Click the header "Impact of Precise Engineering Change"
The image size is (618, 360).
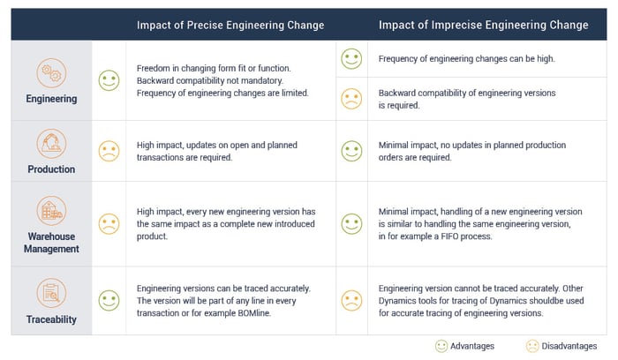tap(230, 25)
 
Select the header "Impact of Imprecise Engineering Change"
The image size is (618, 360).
tap(483, 25)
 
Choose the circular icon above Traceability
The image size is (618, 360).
tap(51, 290)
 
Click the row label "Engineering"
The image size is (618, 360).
tap(51, 99)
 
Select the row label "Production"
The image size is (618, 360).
tap(51, 169)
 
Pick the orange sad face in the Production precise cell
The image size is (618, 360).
tap(109, 151)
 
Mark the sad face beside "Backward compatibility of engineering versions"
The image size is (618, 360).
tap(351, 98)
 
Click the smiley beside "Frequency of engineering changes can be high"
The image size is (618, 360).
tap(351, 59)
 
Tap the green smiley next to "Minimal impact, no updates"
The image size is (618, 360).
tap(351, 151)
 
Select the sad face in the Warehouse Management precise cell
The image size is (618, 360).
tap(109, 224)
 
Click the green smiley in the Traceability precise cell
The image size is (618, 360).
tap(109, 299)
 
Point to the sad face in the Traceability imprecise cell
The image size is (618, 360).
tap(351, 299)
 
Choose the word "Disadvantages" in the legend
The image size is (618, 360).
tap(571, 346)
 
